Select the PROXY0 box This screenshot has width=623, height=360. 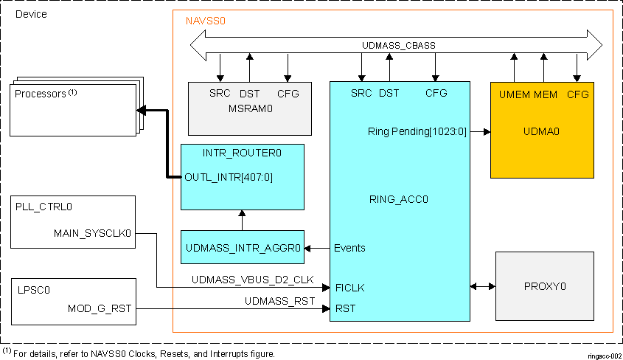(545, 285)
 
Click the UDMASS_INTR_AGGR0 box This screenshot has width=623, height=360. (243, 247)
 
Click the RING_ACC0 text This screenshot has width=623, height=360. (399, 198)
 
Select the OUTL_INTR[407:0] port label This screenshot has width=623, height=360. (229, 177)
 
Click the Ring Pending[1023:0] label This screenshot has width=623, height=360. (417, 131)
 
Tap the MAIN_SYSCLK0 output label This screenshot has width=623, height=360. (92, 234)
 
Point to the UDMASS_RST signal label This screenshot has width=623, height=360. (279, 302)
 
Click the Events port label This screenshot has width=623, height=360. (349, 248)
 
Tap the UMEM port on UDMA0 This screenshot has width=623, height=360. (513, 94)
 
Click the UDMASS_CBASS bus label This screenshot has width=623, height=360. (398, 45)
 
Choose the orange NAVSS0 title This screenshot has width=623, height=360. (205, 21)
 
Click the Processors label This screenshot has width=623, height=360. (41, 94)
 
